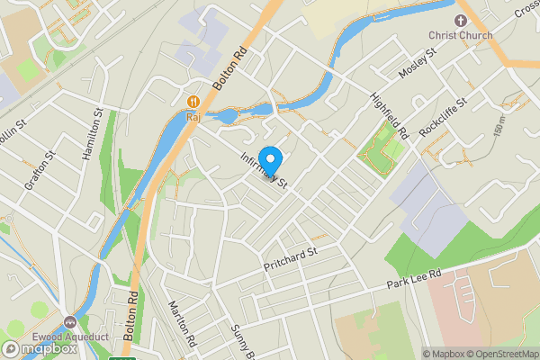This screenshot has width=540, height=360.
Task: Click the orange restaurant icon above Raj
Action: pyautogui.click(x=193, y=101)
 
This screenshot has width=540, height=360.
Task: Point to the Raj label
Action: pyautogui.click(x=193, y=116)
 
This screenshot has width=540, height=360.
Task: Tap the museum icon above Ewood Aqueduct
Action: pyautogui.click(x=70, y=321)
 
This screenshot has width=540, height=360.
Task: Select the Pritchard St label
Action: pyautogui.click(x=291, y=260)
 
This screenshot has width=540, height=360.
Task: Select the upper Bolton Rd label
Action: pyautogui.click(x=230, y=69)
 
